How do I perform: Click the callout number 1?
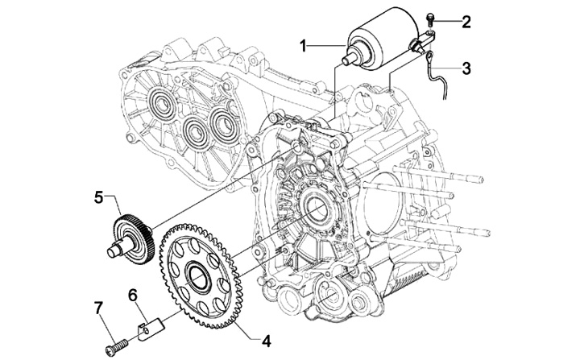[x=304, y=47]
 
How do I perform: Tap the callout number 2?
[x=466, y=22]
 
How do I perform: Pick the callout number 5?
[x=98, y=197]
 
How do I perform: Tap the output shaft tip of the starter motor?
[x=348, y=59]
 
